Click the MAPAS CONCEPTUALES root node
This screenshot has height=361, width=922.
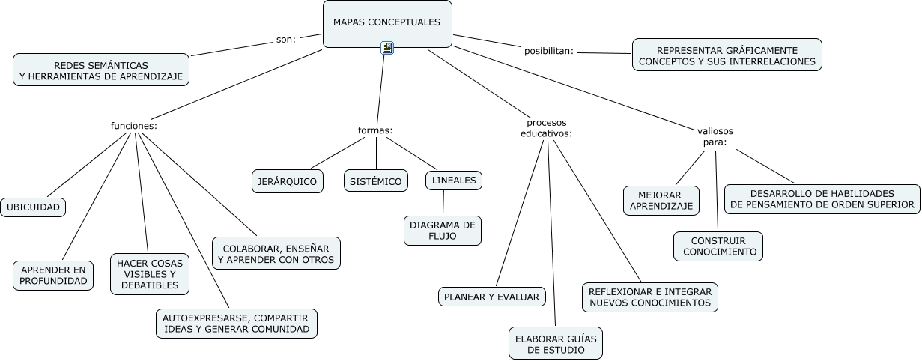[x=386, y=23]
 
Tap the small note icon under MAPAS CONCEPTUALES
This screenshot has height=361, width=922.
[x=387, y=48]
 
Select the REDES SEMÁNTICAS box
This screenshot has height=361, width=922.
[x=101, y=70]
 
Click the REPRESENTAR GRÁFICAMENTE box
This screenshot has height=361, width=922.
[x=727, y=55]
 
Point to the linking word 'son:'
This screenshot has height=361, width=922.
[x=286, y=40]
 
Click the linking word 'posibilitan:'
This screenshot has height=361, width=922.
[x=548, y=52]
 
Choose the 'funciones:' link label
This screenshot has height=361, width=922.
[x=133, y=126]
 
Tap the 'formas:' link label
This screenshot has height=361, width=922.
[x=375, y=130]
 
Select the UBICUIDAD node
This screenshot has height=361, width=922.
[x=33, y=207]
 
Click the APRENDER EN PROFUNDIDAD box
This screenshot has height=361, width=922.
[x=54, y=276]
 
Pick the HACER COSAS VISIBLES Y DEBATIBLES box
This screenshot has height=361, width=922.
[x=149, y=273]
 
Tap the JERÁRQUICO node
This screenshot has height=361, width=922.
[x=287, y=181]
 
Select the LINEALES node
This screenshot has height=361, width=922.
[x=454, y=180]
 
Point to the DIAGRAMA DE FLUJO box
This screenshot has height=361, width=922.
[x=443, y=231]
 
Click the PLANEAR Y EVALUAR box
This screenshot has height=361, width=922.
[x=491, y=297]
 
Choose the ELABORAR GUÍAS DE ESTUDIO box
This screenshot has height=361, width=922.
[x=555, y=343]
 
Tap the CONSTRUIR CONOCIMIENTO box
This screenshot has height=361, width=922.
[x=718, y=246]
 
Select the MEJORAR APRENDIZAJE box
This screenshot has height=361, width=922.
[x=661, y=200]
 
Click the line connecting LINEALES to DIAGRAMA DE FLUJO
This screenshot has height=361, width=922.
[x=443, y=203]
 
